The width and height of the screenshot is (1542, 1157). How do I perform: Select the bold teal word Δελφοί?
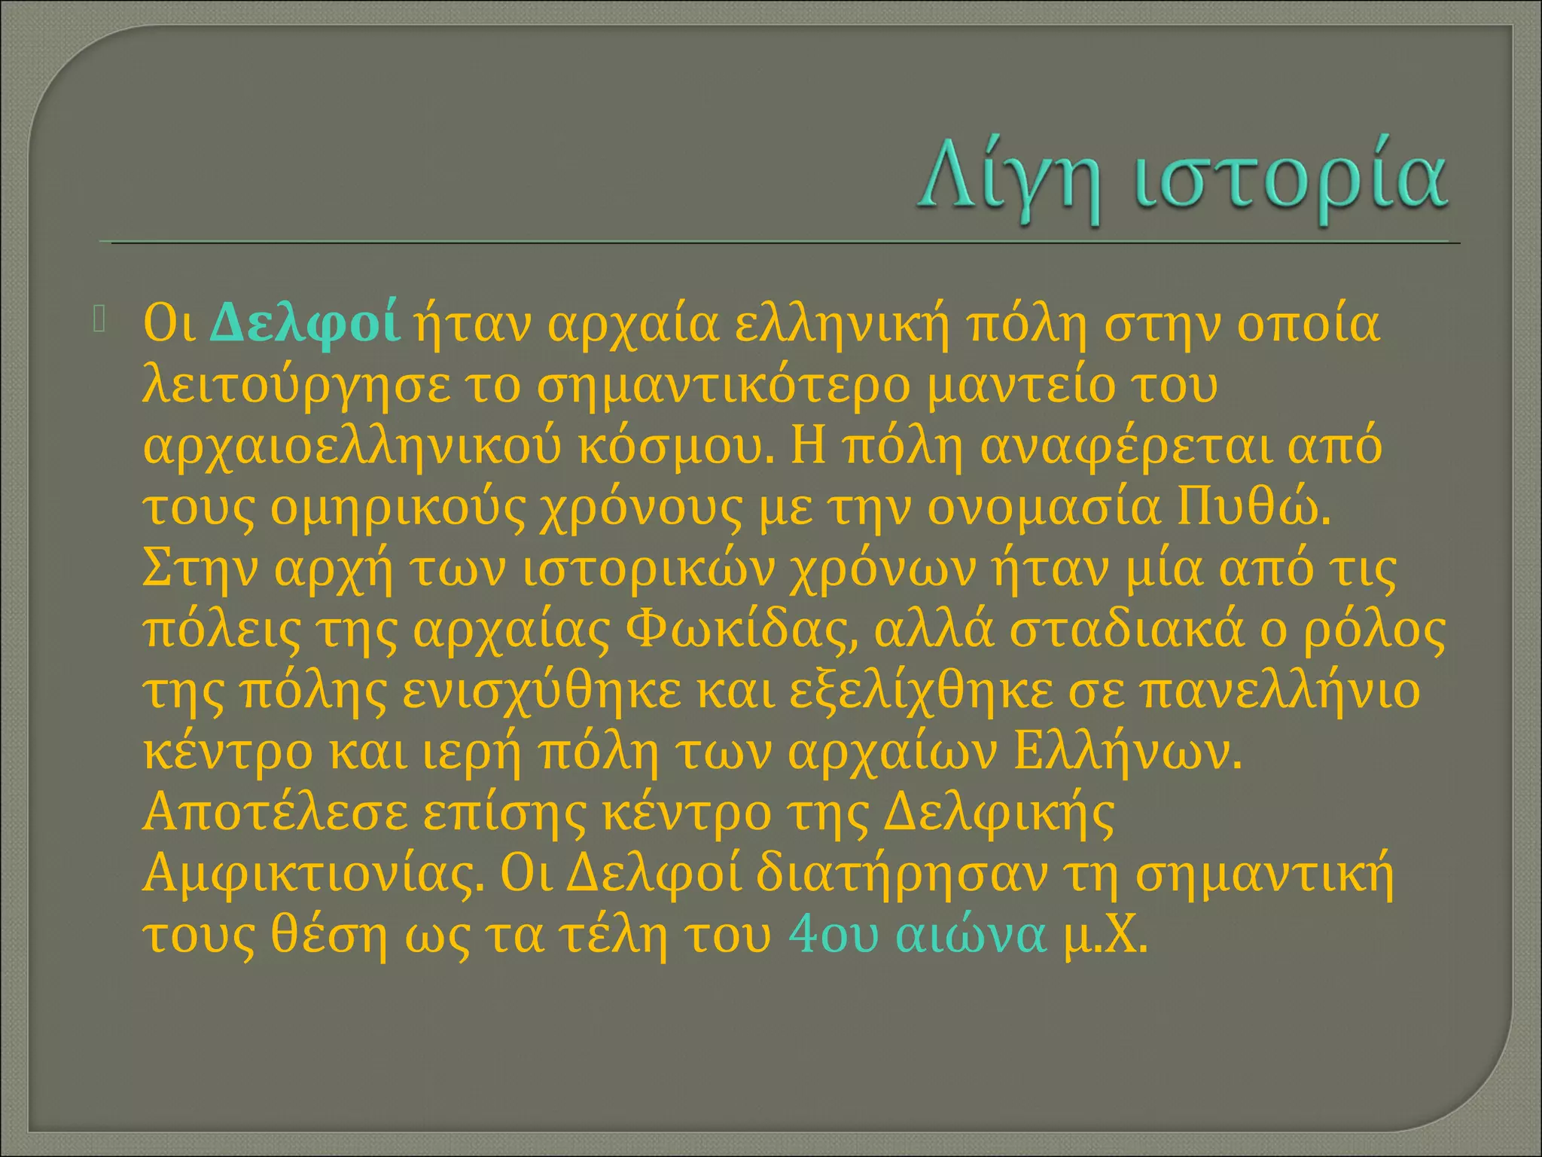click(x=304, y=324)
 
